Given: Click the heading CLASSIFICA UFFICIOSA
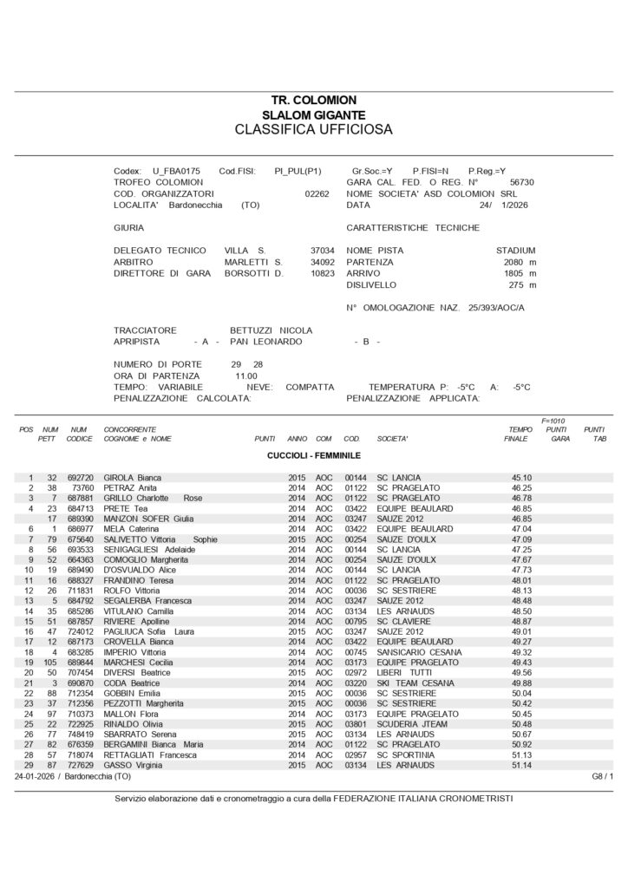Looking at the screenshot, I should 313,130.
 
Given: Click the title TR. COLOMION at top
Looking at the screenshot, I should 313,101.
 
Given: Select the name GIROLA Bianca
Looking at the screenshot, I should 133,478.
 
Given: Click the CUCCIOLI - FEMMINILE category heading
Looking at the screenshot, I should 313,455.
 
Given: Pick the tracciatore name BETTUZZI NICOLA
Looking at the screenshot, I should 271,330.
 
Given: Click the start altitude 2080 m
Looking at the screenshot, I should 520,261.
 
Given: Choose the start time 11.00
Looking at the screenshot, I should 246,375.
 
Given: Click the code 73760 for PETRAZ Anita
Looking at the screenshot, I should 81,489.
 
